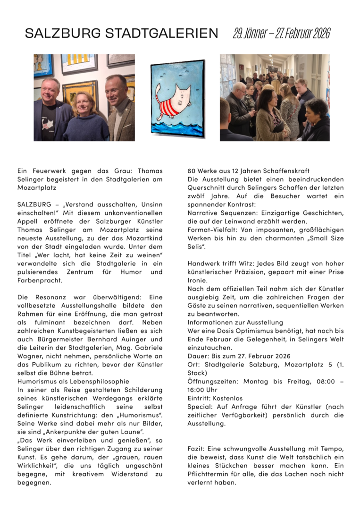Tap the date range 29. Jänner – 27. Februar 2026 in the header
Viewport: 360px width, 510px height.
pyautogui.click(x=281, y=33)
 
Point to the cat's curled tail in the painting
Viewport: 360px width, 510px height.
pyautogui.click(x=159, y=90)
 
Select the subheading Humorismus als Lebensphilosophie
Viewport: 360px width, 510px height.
pyautogui.click(x=73, y=382)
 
